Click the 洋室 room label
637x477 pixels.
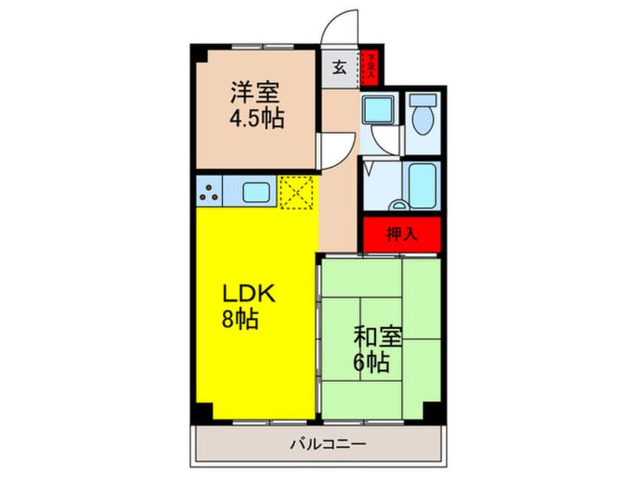pos(254,94)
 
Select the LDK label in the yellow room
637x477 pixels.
pos(248,293)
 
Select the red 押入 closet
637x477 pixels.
pos(401,234)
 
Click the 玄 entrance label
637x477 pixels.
pos(340,68)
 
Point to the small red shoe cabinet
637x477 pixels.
pos(370,67)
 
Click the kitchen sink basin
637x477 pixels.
pos(257,192)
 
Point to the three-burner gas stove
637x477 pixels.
pos(209,192)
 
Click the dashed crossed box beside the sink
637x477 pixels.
pos(296,192)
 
